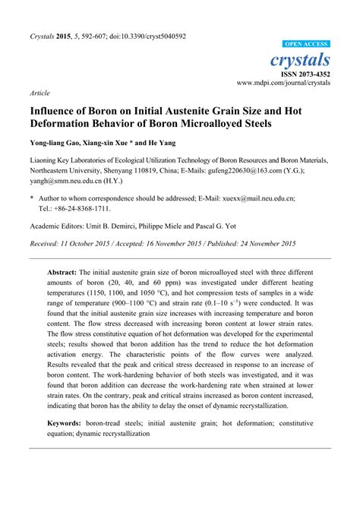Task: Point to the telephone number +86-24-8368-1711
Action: coord(79,208)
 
